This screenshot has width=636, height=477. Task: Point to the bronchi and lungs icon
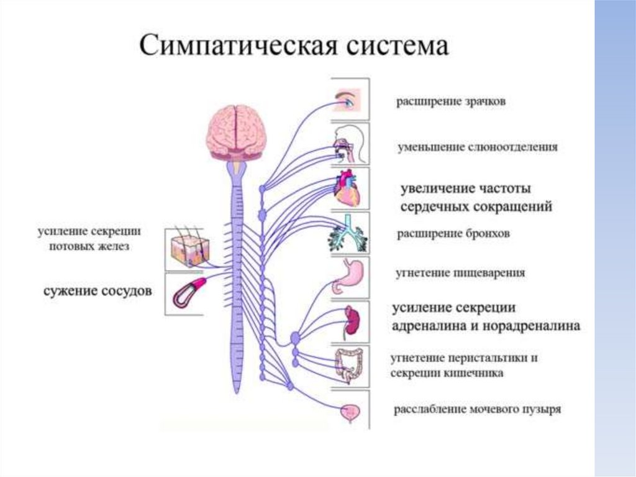pos(348,234)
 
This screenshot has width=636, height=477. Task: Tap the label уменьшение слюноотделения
pos(478,147)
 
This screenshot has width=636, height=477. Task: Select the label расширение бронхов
pos(453,234)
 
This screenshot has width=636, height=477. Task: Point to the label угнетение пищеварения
pos(461,272)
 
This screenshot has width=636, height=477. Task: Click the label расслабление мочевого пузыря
pos(477,410)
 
